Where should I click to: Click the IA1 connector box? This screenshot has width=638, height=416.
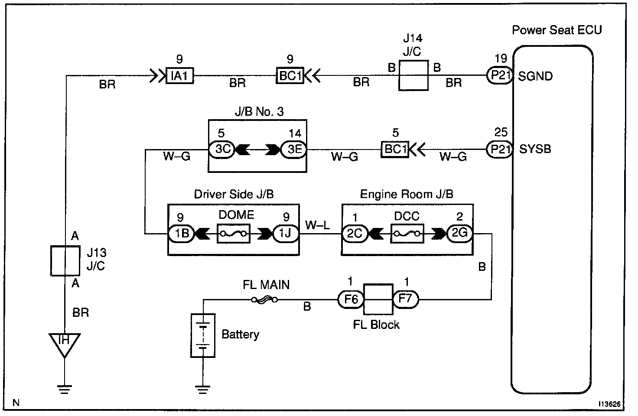pyautogui.click(x=179, y=76)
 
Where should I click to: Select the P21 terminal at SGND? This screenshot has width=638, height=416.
pyautogui.click(x=500, y=76)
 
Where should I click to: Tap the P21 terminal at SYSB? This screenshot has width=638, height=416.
pyautogui.click(x=500, y=149)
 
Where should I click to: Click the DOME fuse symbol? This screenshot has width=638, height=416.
pyautogui.click(x=234, y=234)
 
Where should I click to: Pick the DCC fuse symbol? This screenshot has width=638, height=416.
pyautogui.click(x=407, y=234)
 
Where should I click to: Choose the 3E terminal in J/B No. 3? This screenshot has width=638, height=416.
pyautogui.click(x=293, y=149)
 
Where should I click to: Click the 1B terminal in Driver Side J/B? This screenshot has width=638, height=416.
pyautogui.click(x=181, y=234)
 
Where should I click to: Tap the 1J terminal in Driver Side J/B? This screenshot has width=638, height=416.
pyautogui.click(x=286, y=234)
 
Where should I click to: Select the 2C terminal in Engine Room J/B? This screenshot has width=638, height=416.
pyautogui.click(x=355, y=234)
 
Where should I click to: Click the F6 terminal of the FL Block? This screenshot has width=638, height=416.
pyautogui.click(x=351, y=299)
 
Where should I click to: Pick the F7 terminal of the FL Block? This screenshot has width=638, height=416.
pyautogui.click(x=406, y=299)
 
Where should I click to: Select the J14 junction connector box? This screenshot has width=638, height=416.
pyautogui.click(x=413, y=75)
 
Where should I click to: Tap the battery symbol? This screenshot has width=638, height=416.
pyautogui.click(x=203, y=335)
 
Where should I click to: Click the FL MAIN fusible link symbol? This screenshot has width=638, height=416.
pyautogui.click(x=265, y=299)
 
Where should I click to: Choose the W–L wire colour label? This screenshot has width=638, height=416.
pyautogui.click(x=318, y=225)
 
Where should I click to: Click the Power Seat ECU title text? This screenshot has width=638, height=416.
pyautogui.click(x=557, y=30)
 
